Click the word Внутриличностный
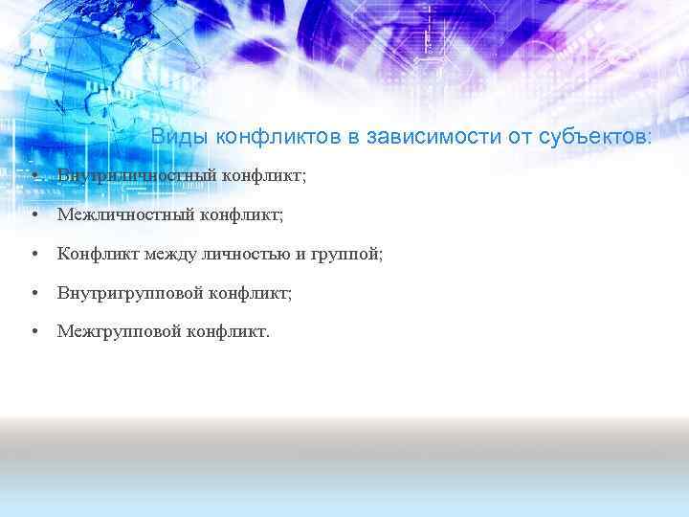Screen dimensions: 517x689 click(x=137, y=176)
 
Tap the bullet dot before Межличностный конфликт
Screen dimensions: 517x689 click(x=33, y=215)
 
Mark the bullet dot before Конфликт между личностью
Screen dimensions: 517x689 click(x=33, y=255)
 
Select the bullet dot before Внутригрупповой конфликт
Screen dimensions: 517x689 click(x=33, y=293)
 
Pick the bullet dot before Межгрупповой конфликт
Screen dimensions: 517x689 click(x=33, y=332)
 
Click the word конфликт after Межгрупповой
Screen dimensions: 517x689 click(x=231, y=331)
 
